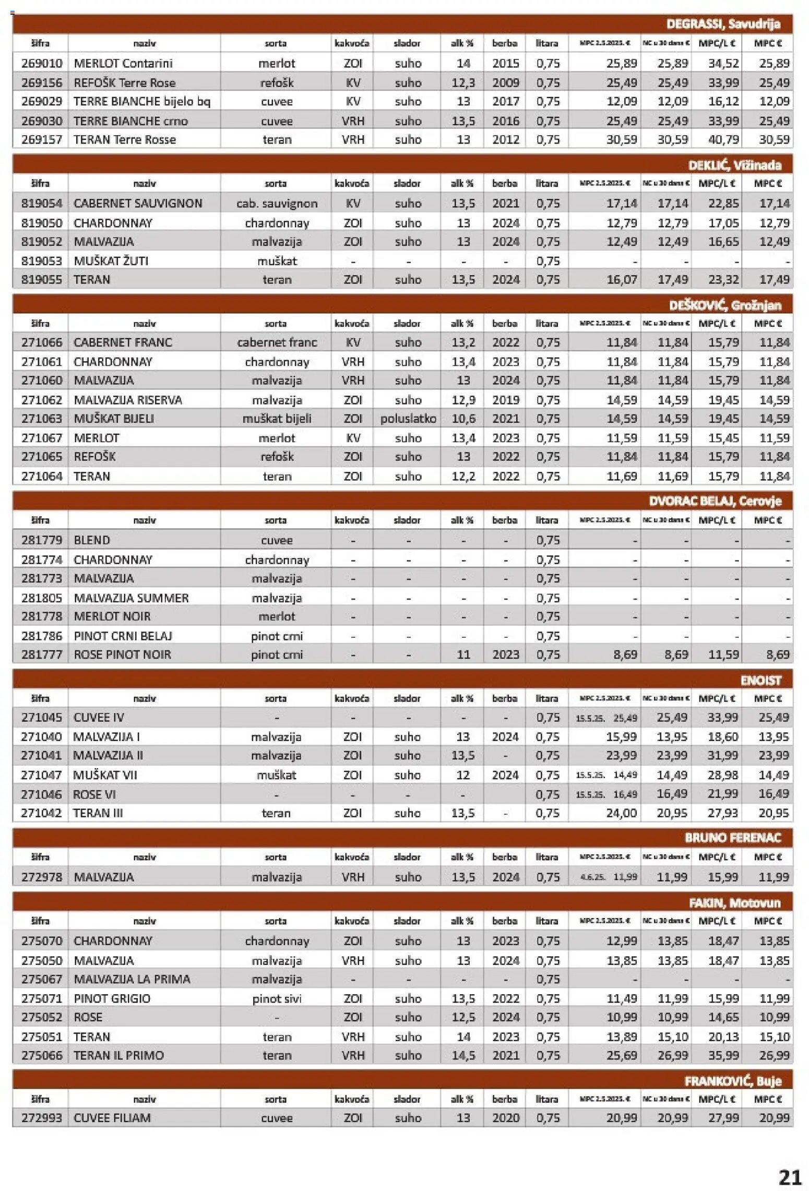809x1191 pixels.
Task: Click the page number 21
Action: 790,1177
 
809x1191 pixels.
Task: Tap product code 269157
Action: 41,140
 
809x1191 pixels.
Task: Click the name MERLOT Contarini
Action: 123,64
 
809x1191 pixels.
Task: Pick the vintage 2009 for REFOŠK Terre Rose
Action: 505,82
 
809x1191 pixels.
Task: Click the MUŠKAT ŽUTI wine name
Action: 111,261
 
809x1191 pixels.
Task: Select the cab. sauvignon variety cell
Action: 277,204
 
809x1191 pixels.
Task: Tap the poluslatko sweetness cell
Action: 408,419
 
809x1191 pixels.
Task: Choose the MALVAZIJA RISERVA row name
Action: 128,400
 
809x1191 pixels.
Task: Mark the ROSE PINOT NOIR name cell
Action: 122,654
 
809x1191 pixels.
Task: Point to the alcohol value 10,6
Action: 463,419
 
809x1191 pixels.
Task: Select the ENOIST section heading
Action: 760,681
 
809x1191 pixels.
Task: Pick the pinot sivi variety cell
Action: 277,998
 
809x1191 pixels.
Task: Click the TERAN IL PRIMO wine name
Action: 118,1055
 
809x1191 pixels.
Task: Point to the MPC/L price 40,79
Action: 723,140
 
